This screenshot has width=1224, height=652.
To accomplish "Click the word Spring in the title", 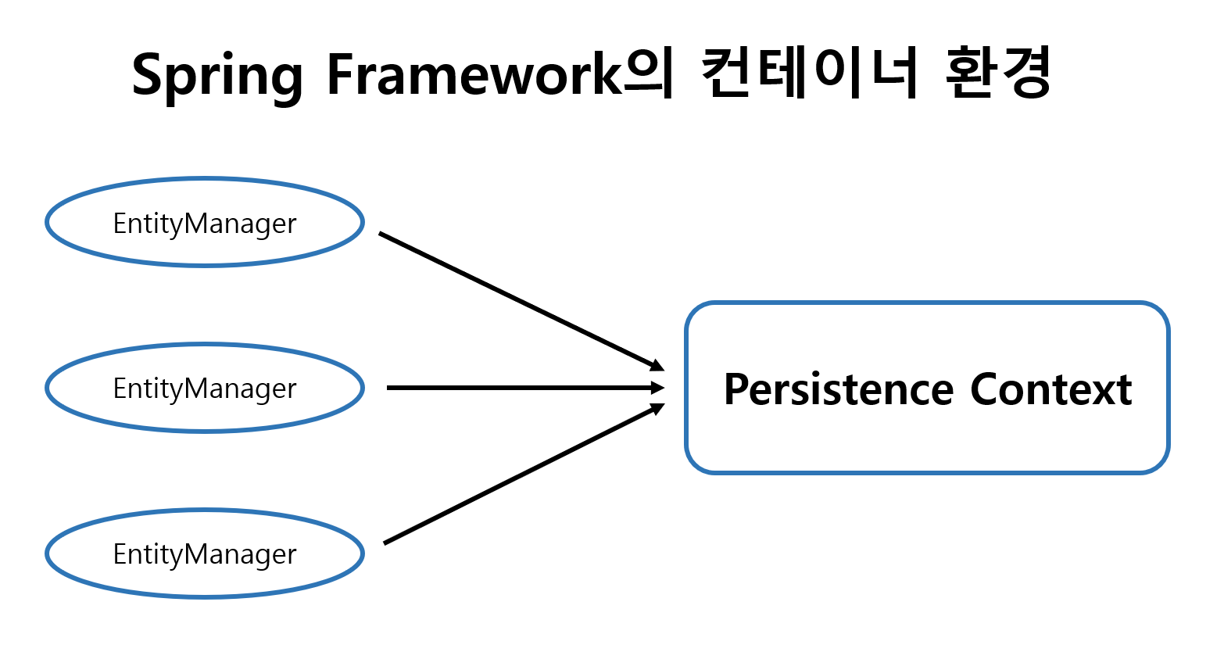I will (x=217, y=75).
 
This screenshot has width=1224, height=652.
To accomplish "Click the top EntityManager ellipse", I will (x=205, y=222).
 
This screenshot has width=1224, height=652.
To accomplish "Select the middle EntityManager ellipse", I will (x=205, y=388).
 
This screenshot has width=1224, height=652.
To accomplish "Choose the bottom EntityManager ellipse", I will (x=205, y=553).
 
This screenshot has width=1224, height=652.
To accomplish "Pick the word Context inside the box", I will (x=1050, y=389).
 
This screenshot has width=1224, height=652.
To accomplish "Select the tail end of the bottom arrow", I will (x=386, y=543).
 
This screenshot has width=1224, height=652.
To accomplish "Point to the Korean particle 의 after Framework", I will (x=648, y=75).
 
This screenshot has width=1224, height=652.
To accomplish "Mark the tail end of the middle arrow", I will (x=389, y=388).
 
